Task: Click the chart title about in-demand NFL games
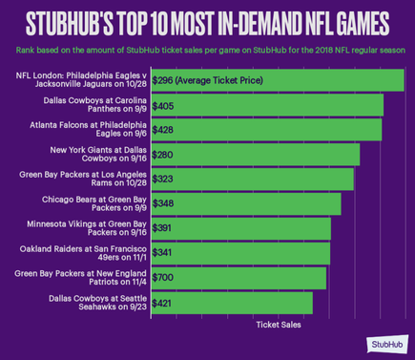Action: (x=207, y=21)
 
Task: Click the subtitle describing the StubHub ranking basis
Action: (x=207, y=50)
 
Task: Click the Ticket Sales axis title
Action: (x=279, y=325)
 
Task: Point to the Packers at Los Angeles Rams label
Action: (x=83, y=180)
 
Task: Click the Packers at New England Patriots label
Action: (x=82, y=278)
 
